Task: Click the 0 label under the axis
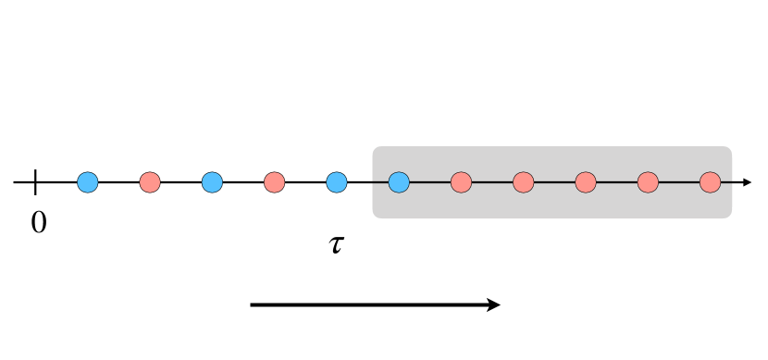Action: click(38, 222)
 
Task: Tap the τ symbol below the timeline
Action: click(337, 245)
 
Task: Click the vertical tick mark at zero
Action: click(35, 182)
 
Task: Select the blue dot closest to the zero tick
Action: click(87, 182)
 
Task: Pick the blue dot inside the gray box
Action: click(399, 182)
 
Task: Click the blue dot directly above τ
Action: click(337, 182)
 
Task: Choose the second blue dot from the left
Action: click(212, 182)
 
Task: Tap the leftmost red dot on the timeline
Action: click(150, 182)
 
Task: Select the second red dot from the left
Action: click(274, 182)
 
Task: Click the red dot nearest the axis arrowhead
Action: click(710, 182)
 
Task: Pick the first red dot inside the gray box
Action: click(461, 182)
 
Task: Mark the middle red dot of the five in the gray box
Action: click(585, 182)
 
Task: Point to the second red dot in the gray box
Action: click(523, 182)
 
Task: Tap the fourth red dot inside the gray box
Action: click(648, 182)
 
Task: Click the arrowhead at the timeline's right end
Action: click(749, 182)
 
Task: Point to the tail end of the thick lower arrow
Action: click(253, 304)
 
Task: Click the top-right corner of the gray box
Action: click(730, 148)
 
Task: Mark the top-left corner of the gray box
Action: click(375, 148)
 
